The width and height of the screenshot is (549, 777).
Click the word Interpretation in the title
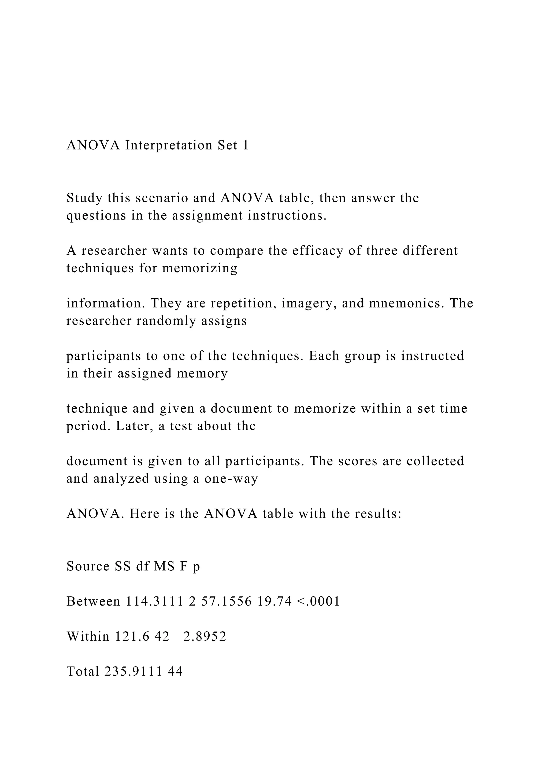[169, 145]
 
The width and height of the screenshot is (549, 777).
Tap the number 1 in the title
[246, 145]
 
